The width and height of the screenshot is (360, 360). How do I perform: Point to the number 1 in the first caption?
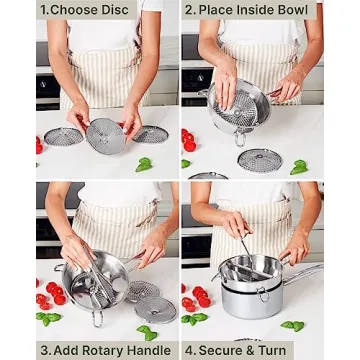pyautogui.click(x=43, y=10)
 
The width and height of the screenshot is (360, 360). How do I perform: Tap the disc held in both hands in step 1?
pyautogui.click(x=104, y=135)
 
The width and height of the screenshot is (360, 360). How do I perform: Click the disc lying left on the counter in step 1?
pyautogui.click(x=62, y=136)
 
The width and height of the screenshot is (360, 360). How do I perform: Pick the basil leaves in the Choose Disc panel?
pyautogui.click(x=145, y=164)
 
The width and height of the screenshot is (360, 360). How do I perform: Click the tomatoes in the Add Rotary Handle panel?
pyautogui.click(x=46, y=293)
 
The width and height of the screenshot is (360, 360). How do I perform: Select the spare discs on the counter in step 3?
pyautogui.click(x=150, y=305)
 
